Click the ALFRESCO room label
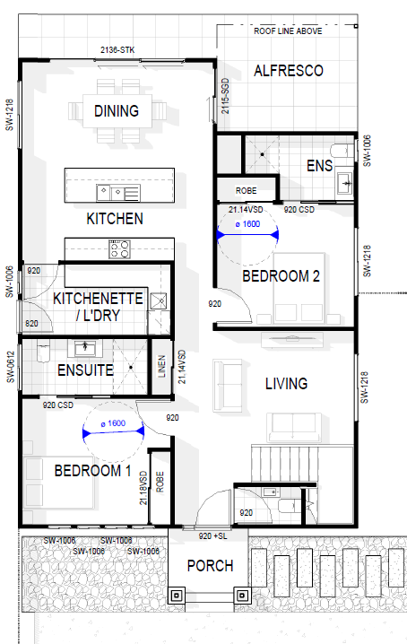click(289, 71)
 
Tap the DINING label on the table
click(117, 111)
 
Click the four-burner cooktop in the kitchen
click(119, 248)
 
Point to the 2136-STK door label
click(117, 50)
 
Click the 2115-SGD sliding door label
click(226, 96)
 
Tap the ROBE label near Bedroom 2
click(246, 190)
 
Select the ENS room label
click(319, 166)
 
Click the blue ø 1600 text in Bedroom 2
click(247, 224)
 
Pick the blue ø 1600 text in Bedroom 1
click(113, 423)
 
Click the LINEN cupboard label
click(161, 366)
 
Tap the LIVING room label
click(286, 384)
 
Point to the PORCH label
click(210, 566)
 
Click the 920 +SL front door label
click(212, 536)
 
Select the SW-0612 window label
click(11, 367)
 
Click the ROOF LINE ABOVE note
click(288, 31)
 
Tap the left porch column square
click(177, 596)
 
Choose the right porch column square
click(242, 596)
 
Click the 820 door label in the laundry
click(31, 324)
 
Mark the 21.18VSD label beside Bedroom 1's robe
click(143, 488)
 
